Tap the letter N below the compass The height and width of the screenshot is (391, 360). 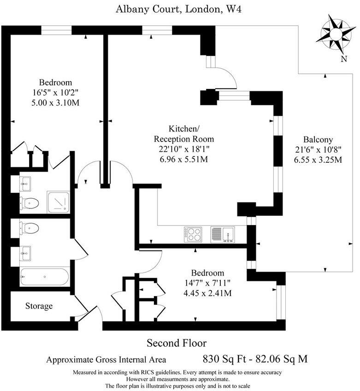[343, 59]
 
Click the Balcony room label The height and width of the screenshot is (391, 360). [318, 140]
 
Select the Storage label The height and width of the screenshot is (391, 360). [39, 306]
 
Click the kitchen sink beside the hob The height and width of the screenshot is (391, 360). [223, 234]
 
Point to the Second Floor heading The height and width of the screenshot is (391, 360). [177, 343]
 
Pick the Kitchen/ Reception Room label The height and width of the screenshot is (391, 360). [184, 134]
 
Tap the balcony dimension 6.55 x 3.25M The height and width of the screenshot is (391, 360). [318, 160]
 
